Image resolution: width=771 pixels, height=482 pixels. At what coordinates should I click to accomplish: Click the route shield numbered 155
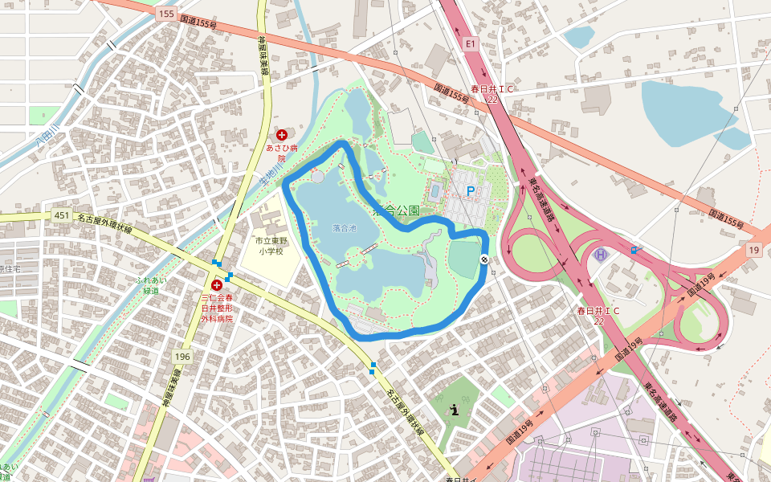pyautogui.click(x=166, y=14)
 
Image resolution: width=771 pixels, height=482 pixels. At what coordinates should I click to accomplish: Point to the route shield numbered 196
pyautogui.click(x=182, y=356)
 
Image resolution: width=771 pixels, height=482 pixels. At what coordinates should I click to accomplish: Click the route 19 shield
pyautogui.click(x=753, y=251)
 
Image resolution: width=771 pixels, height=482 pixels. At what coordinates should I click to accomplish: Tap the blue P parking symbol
pyautogui.click(x=471, y=191)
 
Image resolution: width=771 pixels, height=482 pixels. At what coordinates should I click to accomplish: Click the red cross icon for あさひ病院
pyautogui.click(x=281, y=135)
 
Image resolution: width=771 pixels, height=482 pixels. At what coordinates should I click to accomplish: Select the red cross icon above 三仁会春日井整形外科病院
pyautogui.click(x=216, y=285)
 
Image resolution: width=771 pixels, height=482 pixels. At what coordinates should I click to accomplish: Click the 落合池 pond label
pyautogui.click(x=345, y=228)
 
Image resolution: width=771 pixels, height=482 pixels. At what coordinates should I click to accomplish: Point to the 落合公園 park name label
pyautogui.click(x=397, y=210)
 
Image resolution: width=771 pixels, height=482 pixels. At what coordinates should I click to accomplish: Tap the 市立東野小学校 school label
pyautogui.click(x=271, y=246)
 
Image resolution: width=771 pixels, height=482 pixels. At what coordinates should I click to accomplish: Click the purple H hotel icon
pyautogui.click(x=599, y=255)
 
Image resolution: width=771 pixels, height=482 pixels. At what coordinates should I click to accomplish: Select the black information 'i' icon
pyautogui.click(x=455, y=410)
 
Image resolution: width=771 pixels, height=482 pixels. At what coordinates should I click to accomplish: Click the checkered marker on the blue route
pyautogui.click(x=484, y=259)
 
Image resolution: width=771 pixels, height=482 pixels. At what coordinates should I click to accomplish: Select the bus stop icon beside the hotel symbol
pyautogui.click(x=635, y=250)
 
